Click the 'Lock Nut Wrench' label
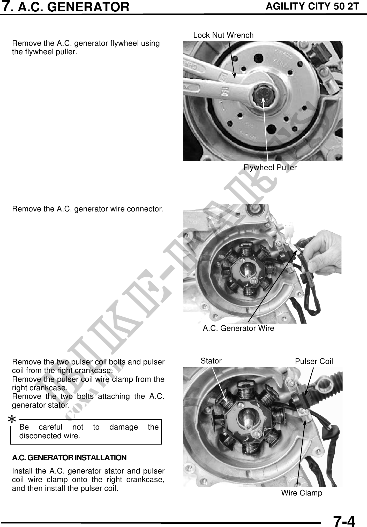223,35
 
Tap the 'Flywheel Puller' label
270,168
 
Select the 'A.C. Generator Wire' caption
238,328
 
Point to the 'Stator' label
211,361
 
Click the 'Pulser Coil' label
314,361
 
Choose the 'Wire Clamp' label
302,493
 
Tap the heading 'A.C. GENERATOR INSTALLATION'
69,458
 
